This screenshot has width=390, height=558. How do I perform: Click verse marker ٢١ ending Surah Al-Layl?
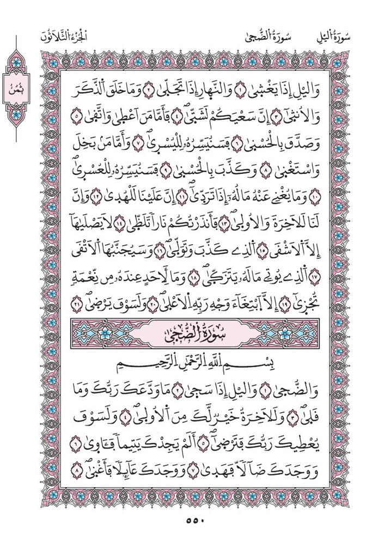[x=77, y=305]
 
